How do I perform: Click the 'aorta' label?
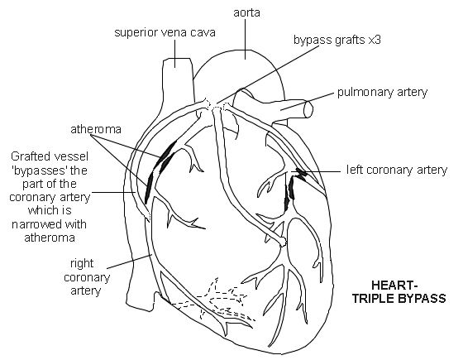[243, 13]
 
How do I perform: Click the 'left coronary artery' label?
[396, 171]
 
